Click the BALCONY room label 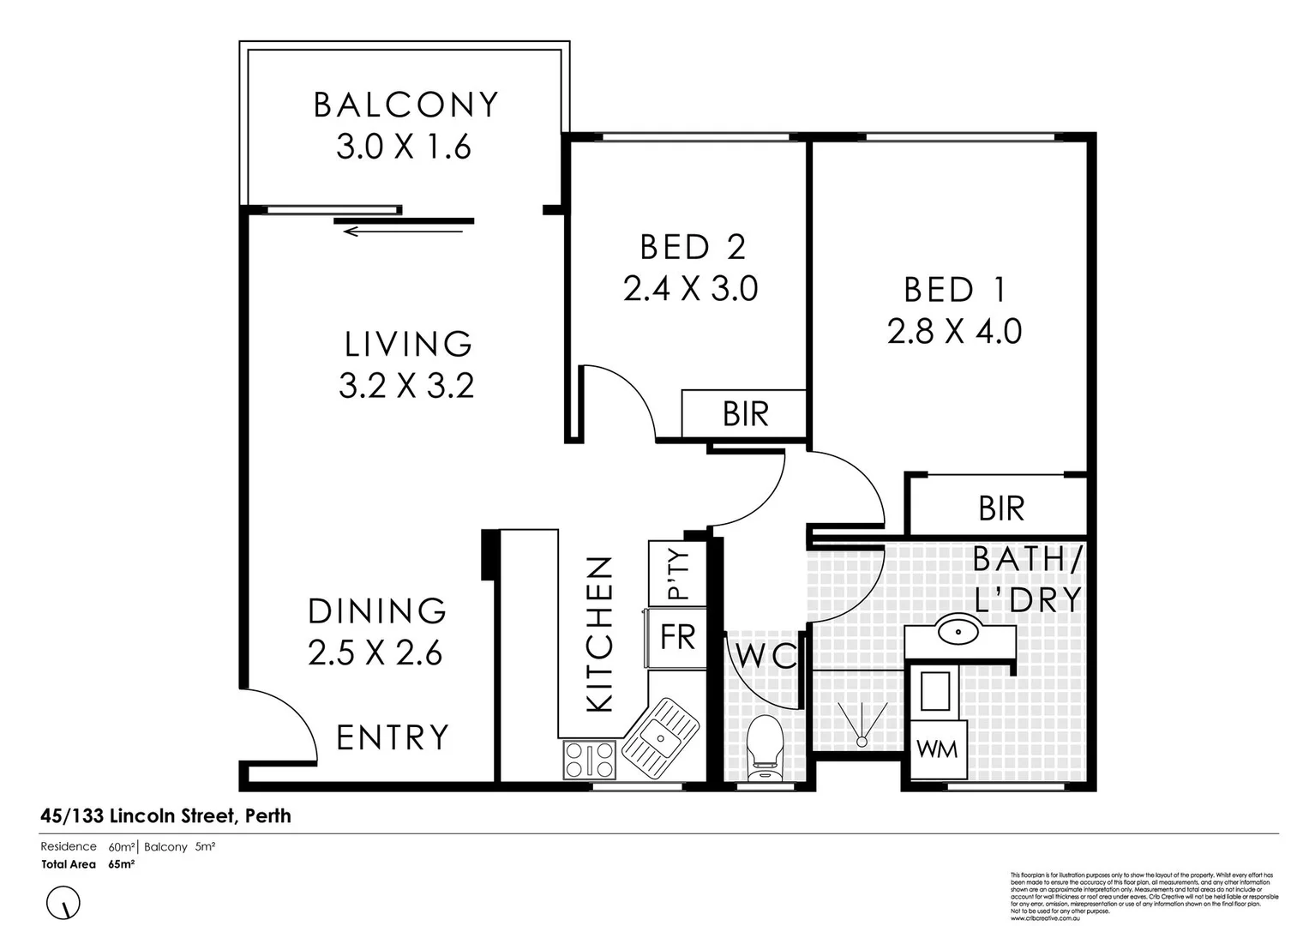click(x=405, y=105)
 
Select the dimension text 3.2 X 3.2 click(x=406, y=386)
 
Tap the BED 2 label click(x=693, y=247)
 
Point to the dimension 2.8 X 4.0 click(x=954, y=331)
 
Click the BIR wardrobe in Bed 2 click(x=744, y=414)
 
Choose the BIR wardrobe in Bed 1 click(x=1000, y=508)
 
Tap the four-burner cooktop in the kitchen click(x=589, y=760)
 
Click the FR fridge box click(x=677, y=638)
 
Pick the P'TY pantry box click(x=677, y=573)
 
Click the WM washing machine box click(x=937, y=749)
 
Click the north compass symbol click(x=63, y=903)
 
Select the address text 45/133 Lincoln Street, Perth click(x=165, y=815)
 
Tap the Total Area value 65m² click(x=121, y=864)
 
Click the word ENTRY click(x=393, y=737)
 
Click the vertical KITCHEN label click(x=600, y=634)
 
